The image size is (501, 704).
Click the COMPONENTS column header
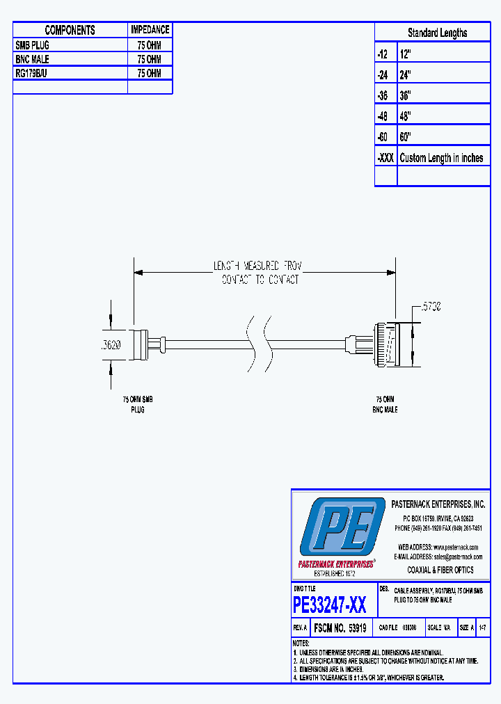(x=70, y=30)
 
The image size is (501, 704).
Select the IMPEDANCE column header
(x=150, y=30)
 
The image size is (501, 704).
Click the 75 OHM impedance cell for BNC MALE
(x=150, y=59)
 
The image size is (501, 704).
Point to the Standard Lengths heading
(x=437, y=33)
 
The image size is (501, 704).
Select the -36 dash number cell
(x=385, y=95)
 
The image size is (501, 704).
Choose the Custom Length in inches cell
(x=441, y=158)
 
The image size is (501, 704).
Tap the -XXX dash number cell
(x=385, y=158)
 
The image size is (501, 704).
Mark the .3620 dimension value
(x=111, y=344)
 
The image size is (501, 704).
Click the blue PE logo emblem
(x=342, y=527)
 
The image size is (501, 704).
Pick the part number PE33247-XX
(x=329, y=605)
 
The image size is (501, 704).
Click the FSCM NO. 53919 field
(x=340, y=627)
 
